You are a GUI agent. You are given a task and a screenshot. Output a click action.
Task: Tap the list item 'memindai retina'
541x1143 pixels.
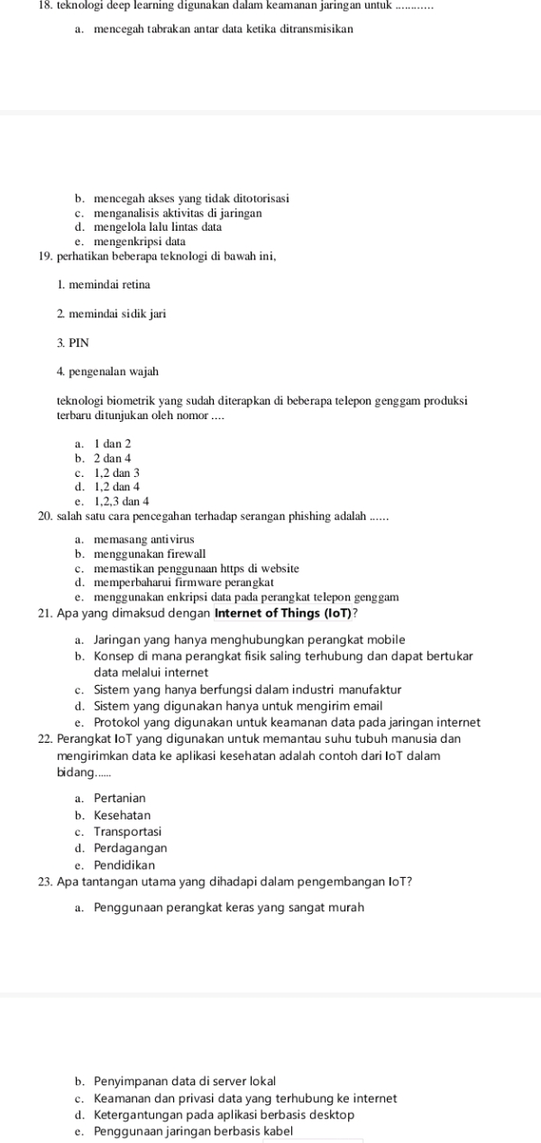107,285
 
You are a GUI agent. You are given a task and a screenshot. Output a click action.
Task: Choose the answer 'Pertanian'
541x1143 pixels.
119,798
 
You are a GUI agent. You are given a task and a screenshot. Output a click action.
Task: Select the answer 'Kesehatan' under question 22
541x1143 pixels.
123,815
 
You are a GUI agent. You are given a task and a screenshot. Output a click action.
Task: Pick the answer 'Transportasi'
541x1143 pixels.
127,831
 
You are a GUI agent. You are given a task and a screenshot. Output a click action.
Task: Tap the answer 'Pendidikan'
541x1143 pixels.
124,864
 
